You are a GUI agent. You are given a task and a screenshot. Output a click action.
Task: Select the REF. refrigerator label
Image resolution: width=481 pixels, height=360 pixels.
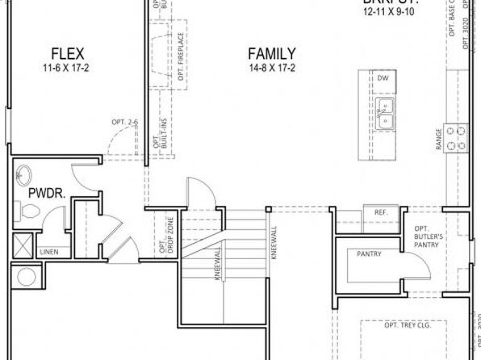(x=382, y=212)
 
